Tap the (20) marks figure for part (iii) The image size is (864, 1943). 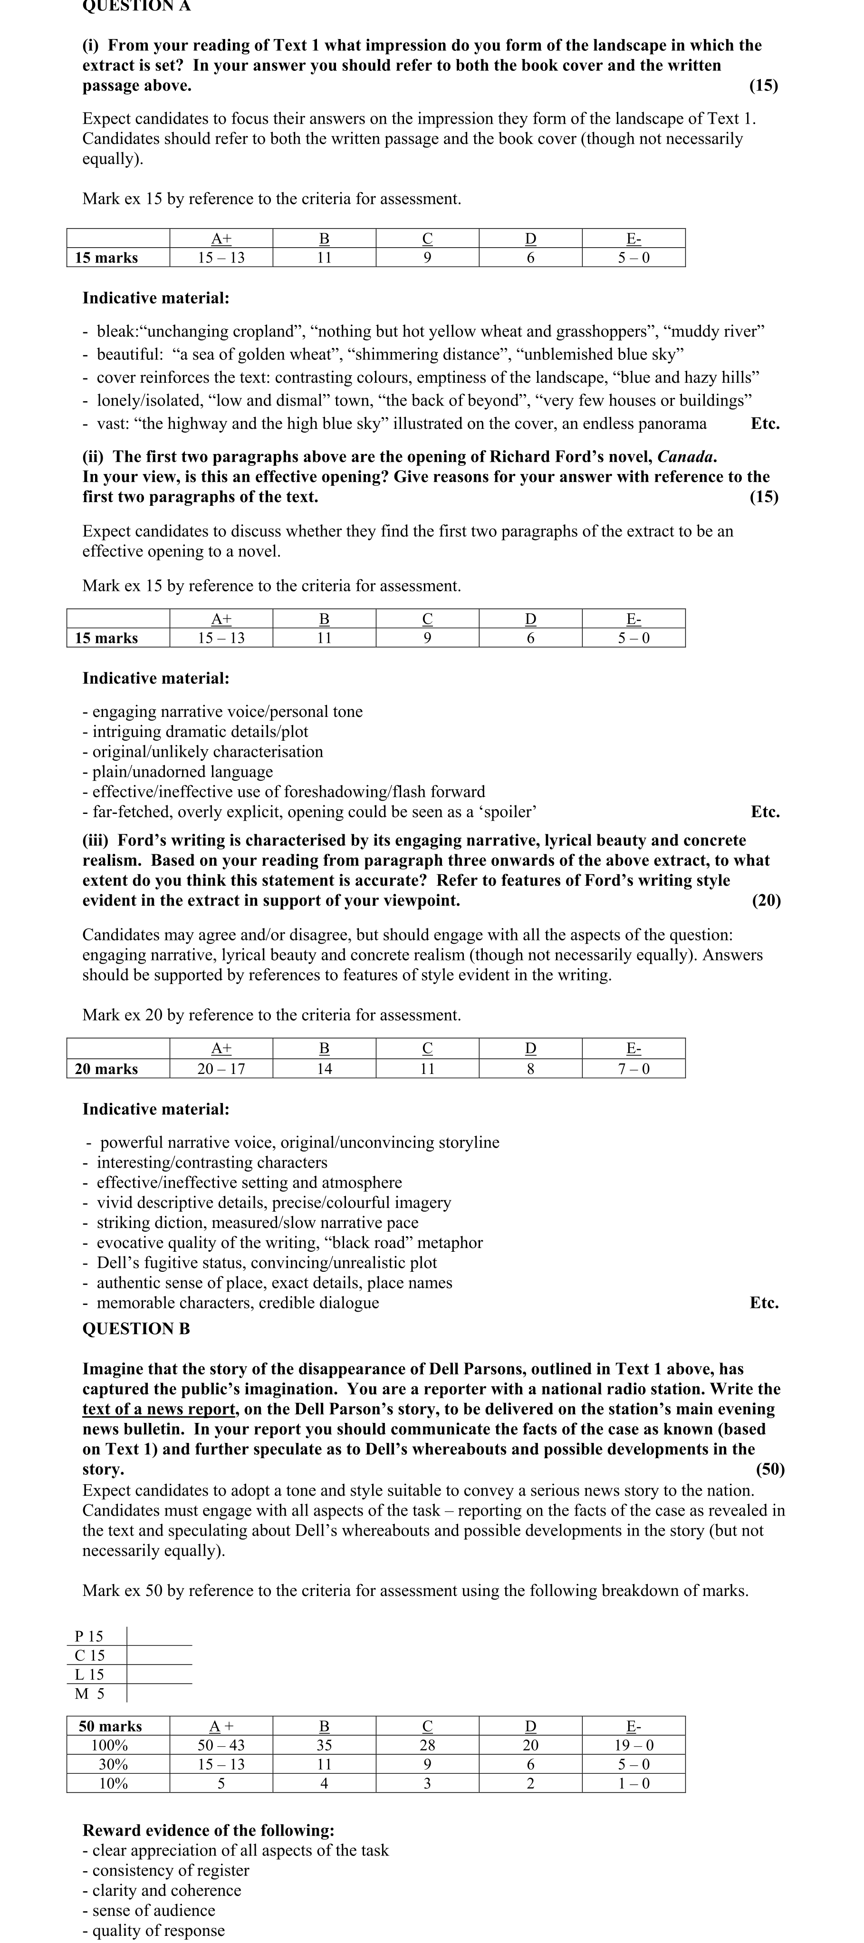coord(766,900)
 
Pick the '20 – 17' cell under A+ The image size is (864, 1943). coord(221,1068)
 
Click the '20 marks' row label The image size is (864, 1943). coord(106,1068)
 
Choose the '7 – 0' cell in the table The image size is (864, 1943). coord(634,1068)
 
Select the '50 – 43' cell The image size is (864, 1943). coord(221,1745)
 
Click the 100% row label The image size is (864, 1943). coord(110,1745)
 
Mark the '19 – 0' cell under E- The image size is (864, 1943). coord(634,1745)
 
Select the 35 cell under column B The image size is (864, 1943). coord(324,1745)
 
